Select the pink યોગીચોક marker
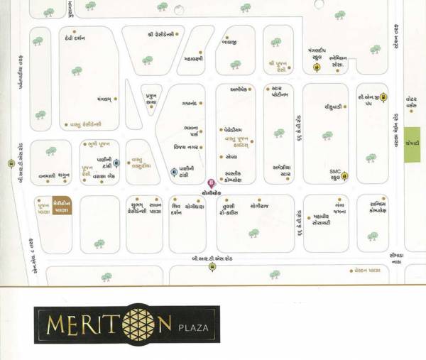(x=209, y=182)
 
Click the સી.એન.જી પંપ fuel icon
(x=383, y=97)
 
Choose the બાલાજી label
(x=229, y=43)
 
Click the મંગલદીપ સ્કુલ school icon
(x=316, y=68)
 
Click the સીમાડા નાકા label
(x=397, y=261)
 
